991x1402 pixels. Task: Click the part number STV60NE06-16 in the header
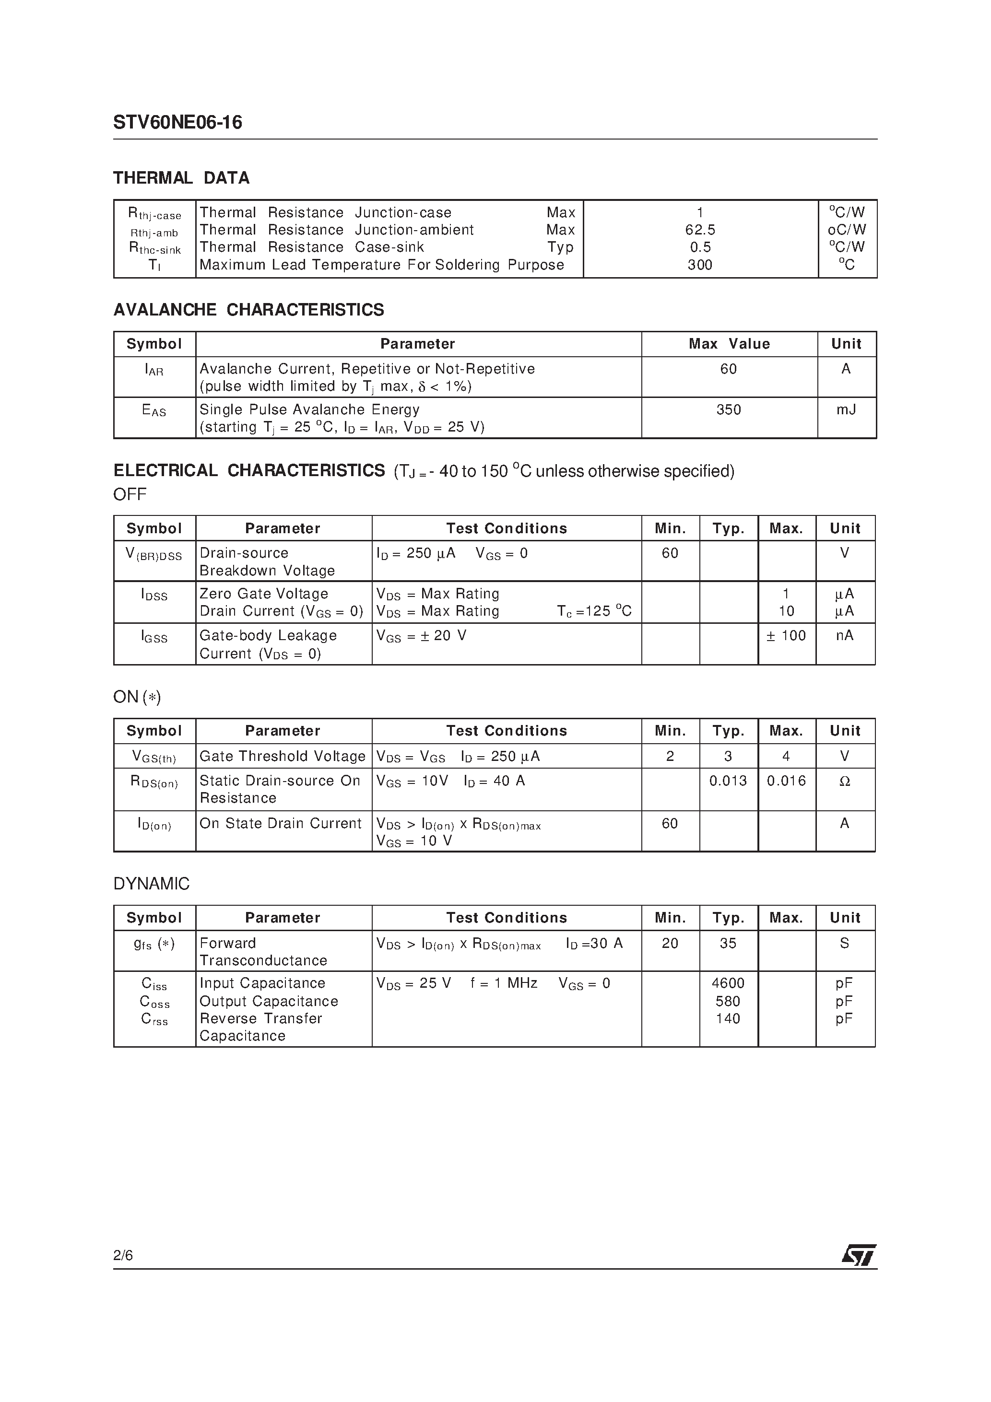tap(177, 123)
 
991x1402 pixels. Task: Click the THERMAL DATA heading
tap(181, 178)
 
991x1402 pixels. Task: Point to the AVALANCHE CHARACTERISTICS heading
tap(248, 310)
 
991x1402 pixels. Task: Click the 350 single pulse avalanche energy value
tap(728, 410)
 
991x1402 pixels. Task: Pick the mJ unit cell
tap(846, 410)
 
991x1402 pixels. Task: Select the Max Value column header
tap(729, 344)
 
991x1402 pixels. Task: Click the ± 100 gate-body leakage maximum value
tap(786, 636)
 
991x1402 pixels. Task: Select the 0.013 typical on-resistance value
tap(728, 781)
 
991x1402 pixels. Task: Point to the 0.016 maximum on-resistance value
tap(786, 781)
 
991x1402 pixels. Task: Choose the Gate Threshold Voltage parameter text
tap(282, 757)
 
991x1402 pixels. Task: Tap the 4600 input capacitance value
tap(728, 983)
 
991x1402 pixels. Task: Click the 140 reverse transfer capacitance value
tap(728, 1018)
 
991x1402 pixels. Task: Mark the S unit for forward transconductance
tap(844, 944)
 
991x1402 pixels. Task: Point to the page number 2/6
tap(123, 1255)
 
